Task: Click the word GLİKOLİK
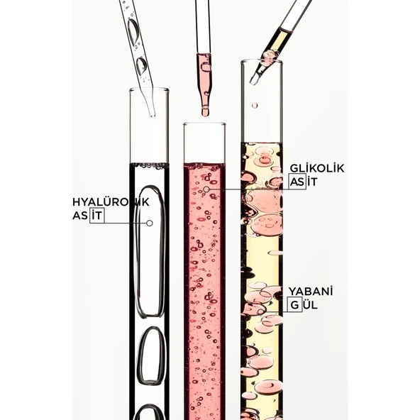[317, 168]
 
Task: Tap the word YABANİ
[311, 292]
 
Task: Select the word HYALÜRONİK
[111, 202]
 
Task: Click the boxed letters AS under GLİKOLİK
[297, 182]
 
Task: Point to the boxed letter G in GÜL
[294, 305]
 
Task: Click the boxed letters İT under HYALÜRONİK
[96, 216]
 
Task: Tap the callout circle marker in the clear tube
[150, 223]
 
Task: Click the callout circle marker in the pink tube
[206, 189]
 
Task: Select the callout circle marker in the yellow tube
[260, 311]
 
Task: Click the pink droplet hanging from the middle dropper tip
[205, 111]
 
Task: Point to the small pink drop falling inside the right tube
[255, 105]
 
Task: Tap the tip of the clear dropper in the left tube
[153, 116]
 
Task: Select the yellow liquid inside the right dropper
[279, 40]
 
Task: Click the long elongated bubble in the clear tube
[150, 251]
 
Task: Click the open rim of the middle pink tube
[204, 124]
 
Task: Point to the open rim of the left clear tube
[149, 89]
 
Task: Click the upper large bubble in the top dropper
[133, 32]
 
